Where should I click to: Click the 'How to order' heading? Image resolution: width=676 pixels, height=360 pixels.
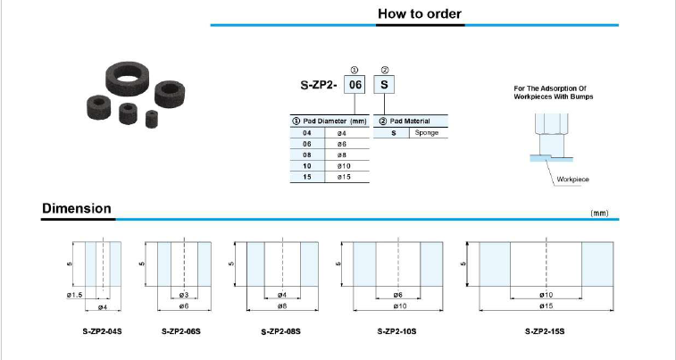coord(420,13)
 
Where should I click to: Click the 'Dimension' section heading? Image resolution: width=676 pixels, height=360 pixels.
coord(77,209)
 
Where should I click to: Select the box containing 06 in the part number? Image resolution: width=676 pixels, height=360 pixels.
coord(355,85)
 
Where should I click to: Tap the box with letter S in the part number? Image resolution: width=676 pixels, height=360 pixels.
coord(384,85)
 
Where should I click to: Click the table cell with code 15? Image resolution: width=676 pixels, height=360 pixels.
coord(307,177)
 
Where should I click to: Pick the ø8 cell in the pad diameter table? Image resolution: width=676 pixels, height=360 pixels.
coord(347,155)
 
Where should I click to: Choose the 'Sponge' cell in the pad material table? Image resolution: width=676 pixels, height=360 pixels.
coord(427,133)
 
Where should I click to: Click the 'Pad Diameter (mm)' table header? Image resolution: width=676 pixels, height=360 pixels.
coord(330,121)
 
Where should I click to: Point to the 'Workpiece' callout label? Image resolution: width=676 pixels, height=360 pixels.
coord(572,180)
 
